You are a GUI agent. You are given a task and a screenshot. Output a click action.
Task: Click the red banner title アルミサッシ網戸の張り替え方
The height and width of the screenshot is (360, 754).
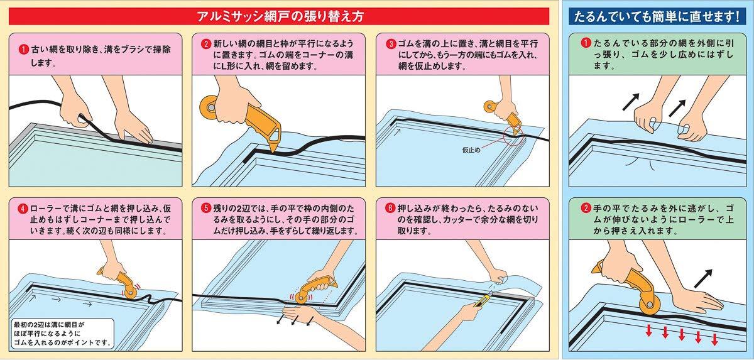280,16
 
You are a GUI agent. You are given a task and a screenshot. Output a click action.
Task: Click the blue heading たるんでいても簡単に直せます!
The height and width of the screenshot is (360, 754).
657,16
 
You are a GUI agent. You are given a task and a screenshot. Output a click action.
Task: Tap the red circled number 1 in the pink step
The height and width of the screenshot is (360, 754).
23,50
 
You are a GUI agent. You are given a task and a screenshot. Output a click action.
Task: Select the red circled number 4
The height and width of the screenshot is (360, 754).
23,209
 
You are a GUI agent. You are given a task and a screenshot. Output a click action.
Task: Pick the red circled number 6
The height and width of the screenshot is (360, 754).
390,208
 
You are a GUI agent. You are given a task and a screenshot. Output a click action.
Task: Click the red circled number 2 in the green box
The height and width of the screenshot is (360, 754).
586,208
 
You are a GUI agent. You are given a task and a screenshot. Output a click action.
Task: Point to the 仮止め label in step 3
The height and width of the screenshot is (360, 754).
471,150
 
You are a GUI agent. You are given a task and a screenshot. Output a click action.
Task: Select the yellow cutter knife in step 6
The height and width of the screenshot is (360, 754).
483,300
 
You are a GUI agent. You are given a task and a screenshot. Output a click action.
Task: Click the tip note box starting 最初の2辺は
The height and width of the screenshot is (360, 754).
62,334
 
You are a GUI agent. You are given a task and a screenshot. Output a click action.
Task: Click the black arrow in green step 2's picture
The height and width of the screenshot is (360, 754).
703,278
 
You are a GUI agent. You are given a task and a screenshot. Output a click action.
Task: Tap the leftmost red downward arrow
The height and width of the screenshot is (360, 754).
648,330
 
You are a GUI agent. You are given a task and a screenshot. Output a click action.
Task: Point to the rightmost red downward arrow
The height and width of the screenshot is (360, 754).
714,339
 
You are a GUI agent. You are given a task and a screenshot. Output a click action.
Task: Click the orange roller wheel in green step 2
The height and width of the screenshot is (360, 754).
648,304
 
